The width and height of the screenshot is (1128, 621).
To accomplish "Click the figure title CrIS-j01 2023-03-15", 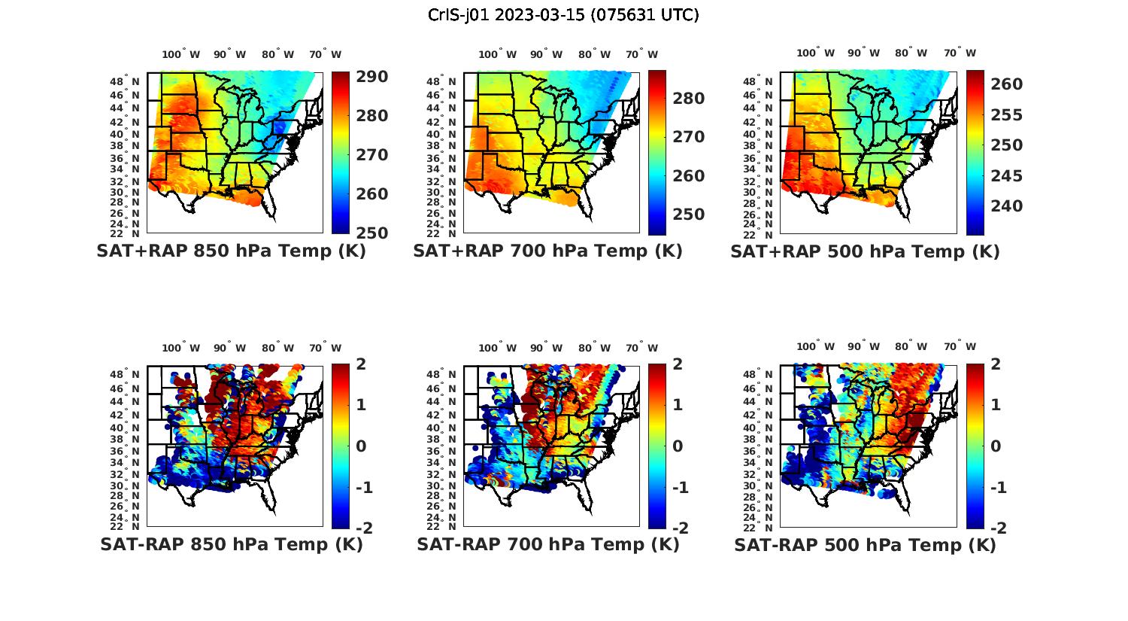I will (563, 14).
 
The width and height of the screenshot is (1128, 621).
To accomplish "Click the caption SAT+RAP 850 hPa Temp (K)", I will (231, 251).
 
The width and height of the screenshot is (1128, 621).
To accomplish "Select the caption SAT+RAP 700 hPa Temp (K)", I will (547, 251).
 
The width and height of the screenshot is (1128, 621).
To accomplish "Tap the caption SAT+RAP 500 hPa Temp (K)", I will (865, 251).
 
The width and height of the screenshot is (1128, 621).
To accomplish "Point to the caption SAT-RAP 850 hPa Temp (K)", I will (232, 544).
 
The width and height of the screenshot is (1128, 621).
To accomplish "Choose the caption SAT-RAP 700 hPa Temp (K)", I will (548, 544).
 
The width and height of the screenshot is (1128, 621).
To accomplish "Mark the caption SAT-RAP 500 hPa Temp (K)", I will (865, 545).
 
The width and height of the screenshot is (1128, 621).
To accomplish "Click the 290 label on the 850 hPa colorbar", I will (371, 77).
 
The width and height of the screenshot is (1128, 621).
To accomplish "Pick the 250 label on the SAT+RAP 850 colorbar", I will (371, 233).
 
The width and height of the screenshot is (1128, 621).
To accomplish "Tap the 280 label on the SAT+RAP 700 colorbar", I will (688, 99).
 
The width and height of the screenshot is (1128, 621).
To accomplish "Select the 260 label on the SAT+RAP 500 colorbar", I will (1006, 84).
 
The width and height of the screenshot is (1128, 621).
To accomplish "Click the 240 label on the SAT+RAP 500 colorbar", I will (1006, 206).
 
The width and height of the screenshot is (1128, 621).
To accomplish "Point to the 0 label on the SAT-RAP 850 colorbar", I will (360, 446).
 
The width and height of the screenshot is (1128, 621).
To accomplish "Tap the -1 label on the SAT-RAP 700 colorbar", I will (680, 488).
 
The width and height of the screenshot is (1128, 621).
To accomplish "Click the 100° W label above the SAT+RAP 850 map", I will (181, 54).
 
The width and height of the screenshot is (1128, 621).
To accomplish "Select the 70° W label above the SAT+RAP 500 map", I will (960, 53).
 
